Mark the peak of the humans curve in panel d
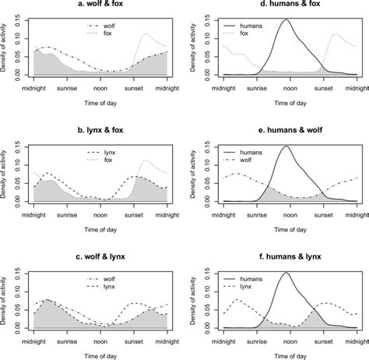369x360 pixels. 286,20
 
